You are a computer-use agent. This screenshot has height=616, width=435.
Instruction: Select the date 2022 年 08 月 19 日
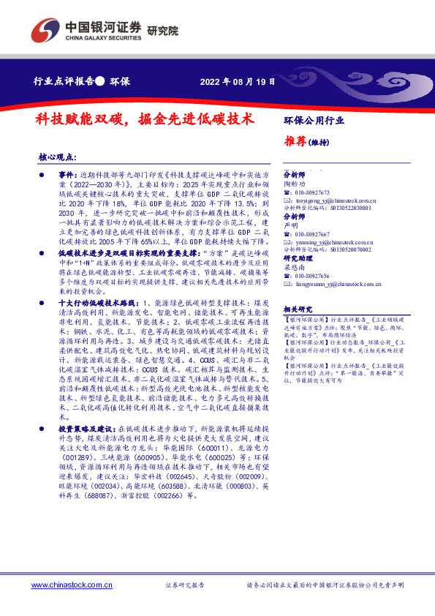(x=238, y=83)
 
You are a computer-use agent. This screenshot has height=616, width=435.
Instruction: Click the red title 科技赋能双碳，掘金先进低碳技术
(x=145, y=118)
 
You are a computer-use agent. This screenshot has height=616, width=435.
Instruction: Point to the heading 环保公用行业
(x=314, y=119)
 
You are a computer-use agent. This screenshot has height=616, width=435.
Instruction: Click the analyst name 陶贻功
(x=295, y=184)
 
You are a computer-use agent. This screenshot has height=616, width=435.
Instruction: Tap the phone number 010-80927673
(x=314, y=192)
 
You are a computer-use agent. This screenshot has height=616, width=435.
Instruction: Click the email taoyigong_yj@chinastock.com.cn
(x=334, y=200)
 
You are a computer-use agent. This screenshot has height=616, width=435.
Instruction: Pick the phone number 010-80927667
(x=314, y=233)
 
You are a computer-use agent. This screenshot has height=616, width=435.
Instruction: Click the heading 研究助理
(x=297, y=258)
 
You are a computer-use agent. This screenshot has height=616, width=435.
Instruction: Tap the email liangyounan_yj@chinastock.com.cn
(x=336, y=282)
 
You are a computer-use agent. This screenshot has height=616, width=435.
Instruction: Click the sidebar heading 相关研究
(x=297, y=309)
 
